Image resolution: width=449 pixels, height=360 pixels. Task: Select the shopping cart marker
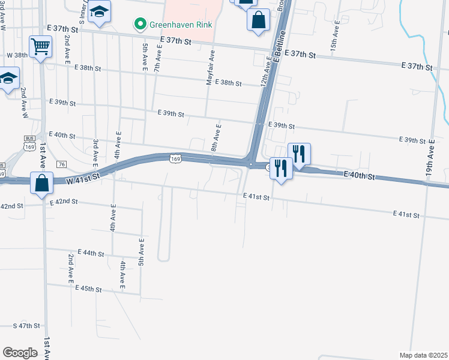point(40,46)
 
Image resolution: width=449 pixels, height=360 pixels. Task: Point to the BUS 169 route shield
point(29,146)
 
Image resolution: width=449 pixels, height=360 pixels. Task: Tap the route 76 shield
point(61,164)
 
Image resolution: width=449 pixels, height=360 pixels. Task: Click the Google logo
point(20,353)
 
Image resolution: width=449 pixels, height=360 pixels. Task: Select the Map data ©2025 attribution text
point(424,355)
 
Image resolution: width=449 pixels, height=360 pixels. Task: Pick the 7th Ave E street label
point(157,61)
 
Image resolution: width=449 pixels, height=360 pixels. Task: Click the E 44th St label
point(91,254)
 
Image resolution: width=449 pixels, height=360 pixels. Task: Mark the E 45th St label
point(89,289)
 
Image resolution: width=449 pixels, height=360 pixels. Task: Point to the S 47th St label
point(26,326)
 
